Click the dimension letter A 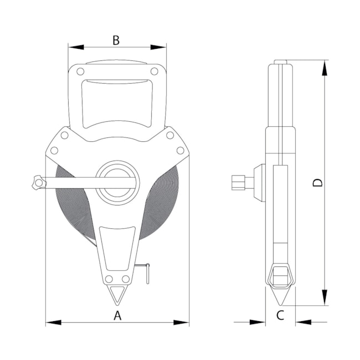coord(117,316)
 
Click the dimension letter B coord(116,40)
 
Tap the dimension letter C coord(280,316)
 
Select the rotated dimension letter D coord(318,183)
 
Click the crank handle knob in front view coord(39,183)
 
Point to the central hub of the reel coord(117,183)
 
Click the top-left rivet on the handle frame coord(80,71)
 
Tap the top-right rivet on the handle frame coord(155,71)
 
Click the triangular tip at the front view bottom coord(117,295)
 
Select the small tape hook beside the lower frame coord(144,272)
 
